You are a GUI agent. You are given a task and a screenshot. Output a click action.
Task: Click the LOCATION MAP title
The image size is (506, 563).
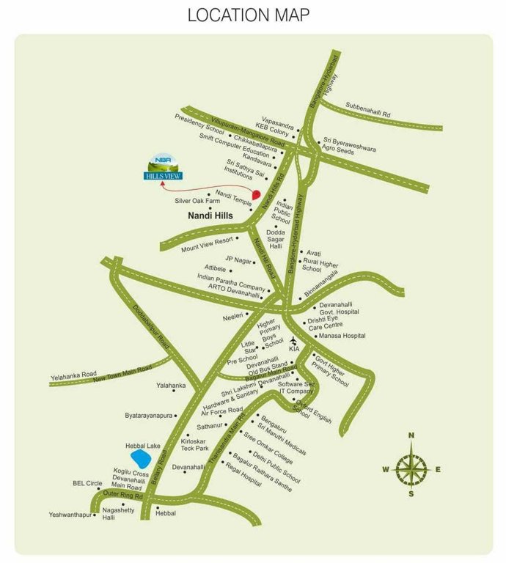pyautogui.click(x=249, y=15)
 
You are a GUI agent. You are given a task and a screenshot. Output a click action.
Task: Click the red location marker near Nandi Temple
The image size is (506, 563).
pyautogui.click(x=256, y=194)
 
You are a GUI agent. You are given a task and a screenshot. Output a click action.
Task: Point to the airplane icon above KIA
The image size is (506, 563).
pyautogui.click(x=293, y=341)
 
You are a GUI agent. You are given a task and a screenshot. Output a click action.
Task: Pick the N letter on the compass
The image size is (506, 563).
pyautogui.click(x=411, y=435)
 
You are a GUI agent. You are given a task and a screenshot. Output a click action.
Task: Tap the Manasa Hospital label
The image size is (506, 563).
pyautogui.click(x=342, y=336)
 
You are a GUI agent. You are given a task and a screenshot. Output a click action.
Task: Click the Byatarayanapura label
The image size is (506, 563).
pyautogui.click(x=148, y=415)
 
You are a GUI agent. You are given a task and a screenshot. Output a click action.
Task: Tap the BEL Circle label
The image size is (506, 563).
pyautogui.click(x=87, y=484)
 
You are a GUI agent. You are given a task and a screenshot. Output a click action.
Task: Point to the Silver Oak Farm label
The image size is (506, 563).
pyautogui.click(x=197, y=200)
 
